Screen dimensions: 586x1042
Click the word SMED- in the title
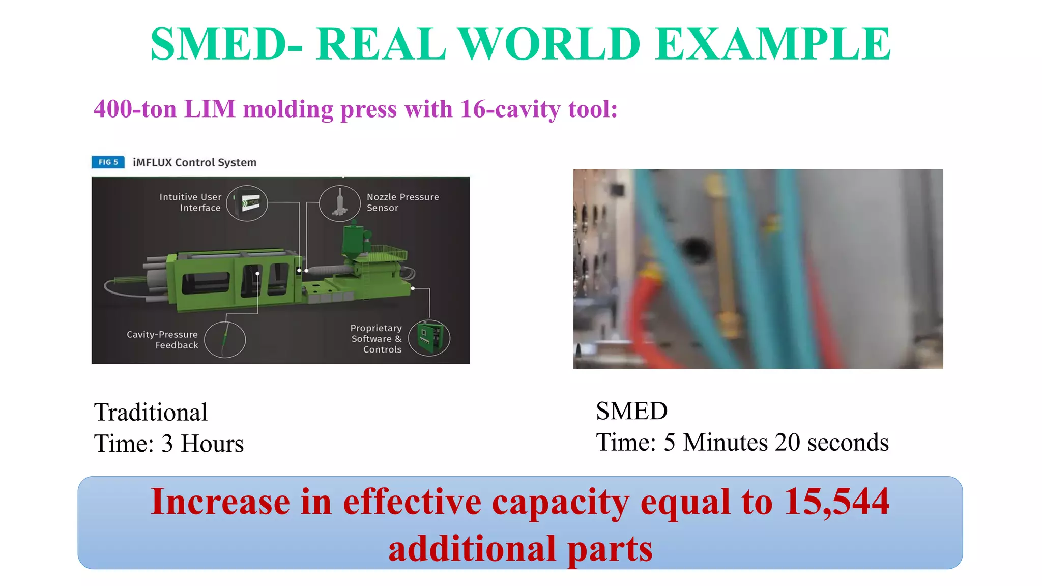pos(226,44)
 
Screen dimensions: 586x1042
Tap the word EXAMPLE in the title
pos(773,44)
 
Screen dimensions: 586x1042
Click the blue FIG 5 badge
pos(108,162)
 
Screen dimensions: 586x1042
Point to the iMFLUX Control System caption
pos(194,162)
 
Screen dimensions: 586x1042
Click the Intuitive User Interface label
pos(191,202)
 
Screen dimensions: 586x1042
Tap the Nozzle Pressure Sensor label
pos(402,202)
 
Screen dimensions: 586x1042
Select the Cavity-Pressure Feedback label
pos(163,340)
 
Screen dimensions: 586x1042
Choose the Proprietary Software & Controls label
pos(377,339)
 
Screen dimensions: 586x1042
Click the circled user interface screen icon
pos(247,203)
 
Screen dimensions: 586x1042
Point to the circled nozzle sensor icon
pos(339,203)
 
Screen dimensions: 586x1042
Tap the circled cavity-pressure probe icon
pos(225,339)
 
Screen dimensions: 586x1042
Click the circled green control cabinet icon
pos(429,338)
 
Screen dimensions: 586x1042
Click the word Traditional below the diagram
pos(151,412)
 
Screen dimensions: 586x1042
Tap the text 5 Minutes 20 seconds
pos(776,442)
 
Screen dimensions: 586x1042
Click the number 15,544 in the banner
pos(836,503)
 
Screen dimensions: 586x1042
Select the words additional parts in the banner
pos(520,549)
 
